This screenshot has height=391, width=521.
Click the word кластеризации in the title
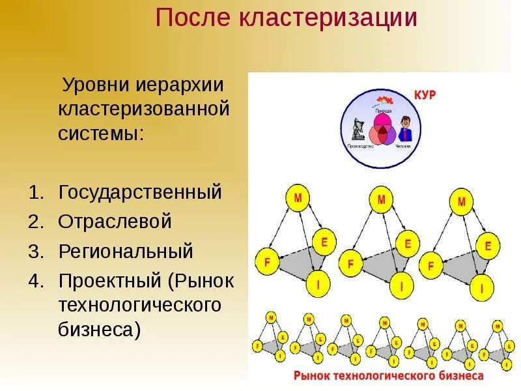(330, 18)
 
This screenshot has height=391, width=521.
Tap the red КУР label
(425, 95)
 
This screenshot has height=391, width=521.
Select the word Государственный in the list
(140, 192)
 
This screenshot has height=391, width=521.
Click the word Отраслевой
(115, 222)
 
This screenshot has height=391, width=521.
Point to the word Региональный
(126, 251)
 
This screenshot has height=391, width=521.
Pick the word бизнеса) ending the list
(99, 329)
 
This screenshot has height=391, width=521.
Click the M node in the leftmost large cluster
(298, 197)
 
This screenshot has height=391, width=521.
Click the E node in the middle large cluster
(408, 244)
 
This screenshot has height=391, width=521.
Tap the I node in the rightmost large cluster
(482, 287)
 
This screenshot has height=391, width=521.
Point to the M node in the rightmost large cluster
(461, 202)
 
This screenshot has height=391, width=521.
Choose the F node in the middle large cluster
(351, 263)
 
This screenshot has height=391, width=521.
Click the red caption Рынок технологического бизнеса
(388, 376)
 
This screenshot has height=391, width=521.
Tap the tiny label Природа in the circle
(382, 111)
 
